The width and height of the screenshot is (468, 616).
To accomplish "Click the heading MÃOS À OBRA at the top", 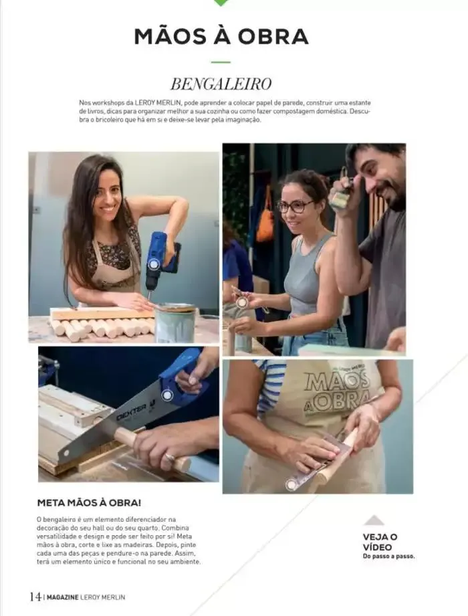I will (221, 36).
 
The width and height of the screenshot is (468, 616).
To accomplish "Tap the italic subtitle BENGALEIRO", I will (221, 84).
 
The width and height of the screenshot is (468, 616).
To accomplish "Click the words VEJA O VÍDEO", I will (380, 542).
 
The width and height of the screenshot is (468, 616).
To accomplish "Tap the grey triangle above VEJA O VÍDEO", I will (374, 520).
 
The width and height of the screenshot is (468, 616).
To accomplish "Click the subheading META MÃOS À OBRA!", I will (88, 502).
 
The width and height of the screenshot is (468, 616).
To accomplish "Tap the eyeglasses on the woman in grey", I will (294, 206).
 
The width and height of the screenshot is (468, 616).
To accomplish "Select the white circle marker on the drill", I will (154, 264).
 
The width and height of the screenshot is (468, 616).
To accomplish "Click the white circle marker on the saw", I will (167, 395).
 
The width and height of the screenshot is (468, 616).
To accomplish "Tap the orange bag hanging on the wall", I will (265, 223).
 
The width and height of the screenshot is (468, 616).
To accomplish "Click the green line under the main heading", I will (221, 62).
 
